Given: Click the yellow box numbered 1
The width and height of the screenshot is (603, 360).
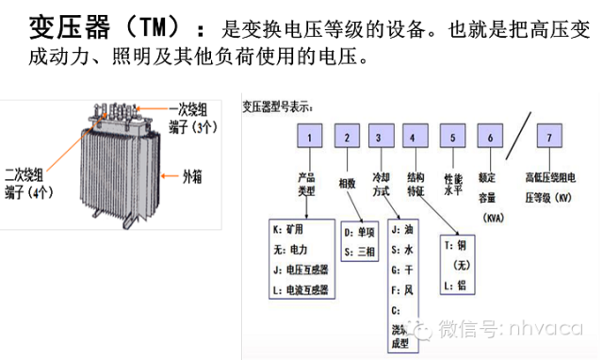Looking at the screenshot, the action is (x=308, y=139).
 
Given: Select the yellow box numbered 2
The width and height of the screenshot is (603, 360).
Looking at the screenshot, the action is (x=347, y=139).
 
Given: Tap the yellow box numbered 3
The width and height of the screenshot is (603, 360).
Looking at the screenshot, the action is (x=379, y=139).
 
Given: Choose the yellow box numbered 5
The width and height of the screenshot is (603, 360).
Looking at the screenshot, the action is (x=453, y=139).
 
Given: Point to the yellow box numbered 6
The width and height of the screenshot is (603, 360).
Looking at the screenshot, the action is (x=490, y=139).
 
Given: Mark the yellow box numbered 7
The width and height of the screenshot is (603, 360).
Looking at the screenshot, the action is (x=549, y=139).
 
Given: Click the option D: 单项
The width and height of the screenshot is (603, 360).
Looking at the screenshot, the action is (x=361, y=231).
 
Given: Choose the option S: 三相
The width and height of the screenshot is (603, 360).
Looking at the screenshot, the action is (x=361, y=252).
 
